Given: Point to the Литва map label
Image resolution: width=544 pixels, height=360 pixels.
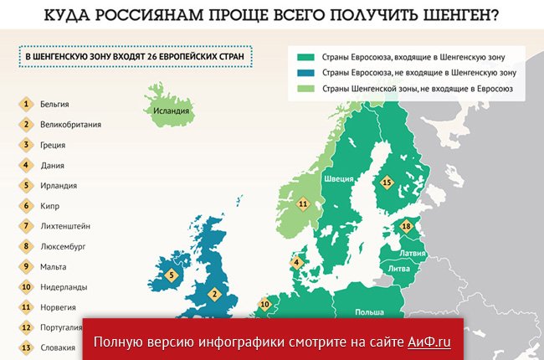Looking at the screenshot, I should click(x=398, y=268).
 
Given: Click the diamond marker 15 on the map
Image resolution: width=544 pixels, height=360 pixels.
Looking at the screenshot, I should click(x=386, y=182).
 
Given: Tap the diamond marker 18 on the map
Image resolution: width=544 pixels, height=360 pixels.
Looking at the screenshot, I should click(x=407, y=226).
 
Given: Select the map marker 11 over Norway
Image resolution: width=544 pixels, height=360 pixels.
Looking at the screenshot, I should click(x=303, y=203).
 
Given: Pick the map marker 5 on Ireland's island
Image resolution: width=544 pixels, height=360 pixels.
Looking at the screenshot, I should click(x=172, y=274).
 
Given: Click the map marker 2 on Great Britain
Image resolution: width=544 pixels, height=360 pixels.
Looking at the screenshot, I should click(x=214, y=294).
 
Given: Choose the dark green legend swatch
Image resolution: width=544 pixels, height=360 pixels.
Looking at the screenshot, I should click(x=305, y=57).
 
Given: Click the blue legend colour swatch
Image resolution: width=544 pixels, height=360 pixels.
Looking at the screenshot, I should click(x=305, y=72).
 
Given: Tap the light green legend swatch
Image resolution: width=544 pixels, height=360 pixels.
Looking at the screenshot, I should click(x=305, y=88).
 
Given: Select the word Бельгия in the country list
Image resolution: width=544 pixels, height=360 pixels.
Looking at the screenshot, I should click(x=54, y=105).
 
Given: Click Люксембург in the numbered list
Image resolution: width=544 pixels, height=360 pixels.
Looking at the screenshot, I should click(x=64, y=246).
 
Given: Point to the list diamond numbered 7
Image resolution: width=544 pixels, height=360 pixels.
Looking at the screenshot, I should click(x=27, y=226).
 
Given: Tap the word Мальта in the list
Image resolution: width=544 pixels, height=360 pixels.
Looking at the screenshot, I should click(x=54, y=267).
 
